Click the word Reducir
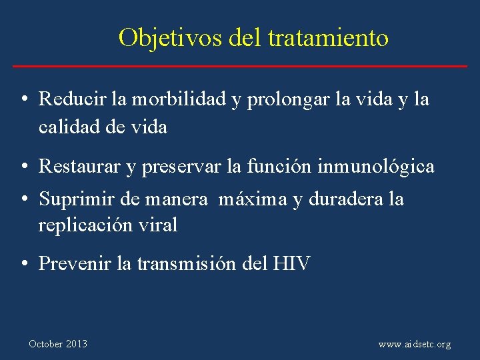[x=73, y=100]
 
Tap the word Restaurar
[x=81, y=167]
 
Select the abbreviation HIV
[x=291, y=264]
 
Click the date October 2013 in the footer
[x=58, y=344]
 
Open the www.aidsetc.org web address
[x=414, y=345]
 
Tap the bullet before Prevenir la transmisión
[x=23, y=264]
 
